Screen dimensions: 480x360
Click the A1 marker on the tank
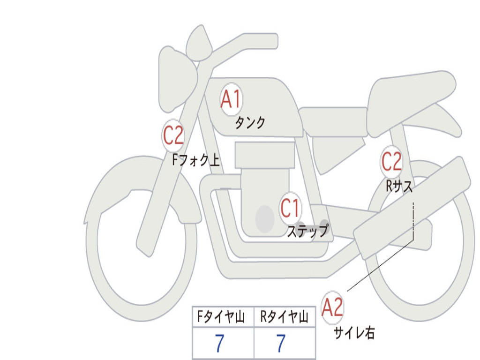click(x=232, y=99)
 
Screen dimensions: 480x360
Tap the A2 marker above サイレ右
click(x=332, y=307)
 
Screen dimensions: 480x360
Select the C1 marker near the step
click(x=290, y=208)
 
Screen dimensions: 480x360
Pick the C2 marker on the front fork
click(x=173, y=135)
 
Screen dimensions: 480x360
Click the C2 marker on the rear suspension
click(x=391, y=161)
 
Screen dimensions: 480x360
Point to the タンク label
click(x=250, y=122)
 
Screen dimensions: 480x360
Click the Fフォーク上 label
click(x=196, y=160)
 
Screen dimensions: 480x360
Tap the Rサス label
click(x=399, y=186)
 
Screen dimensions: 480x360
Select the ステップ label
click(x=307, y=231)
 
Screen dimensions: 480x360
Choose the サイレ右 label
click(x=354, y=333)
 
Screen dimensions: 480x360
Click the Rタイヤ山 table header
click(x=284, y=316)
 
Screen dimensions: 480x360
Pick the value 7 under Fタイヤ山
click(x=219, y=343)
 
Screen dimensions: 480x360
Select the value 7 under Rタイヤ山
click(x=281, y=343)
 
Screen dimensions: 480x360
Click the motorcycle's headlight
click(x=177, y=80)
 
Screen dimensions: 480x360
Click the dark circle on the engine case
click(x=265, y=218)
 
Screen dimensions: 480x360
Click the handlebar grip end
click(x=274, y=41)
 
